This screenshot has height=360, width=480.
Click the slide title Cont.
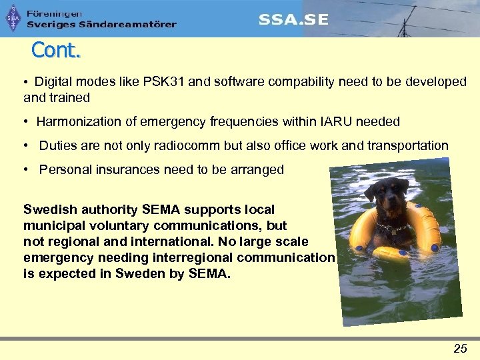(x=55, y=50)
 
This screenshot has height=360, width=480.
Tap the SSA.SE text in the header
(x=293, y=19)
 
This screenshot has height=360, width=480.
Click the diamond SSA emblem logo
(x=13, y=19)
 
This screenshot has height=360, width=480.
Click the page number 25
(x=460, y=348)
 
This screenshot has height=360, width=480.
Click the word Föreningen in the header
(x=55, y=13)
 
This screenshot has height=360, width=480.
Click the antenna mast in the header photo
(x=403, y=24)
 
